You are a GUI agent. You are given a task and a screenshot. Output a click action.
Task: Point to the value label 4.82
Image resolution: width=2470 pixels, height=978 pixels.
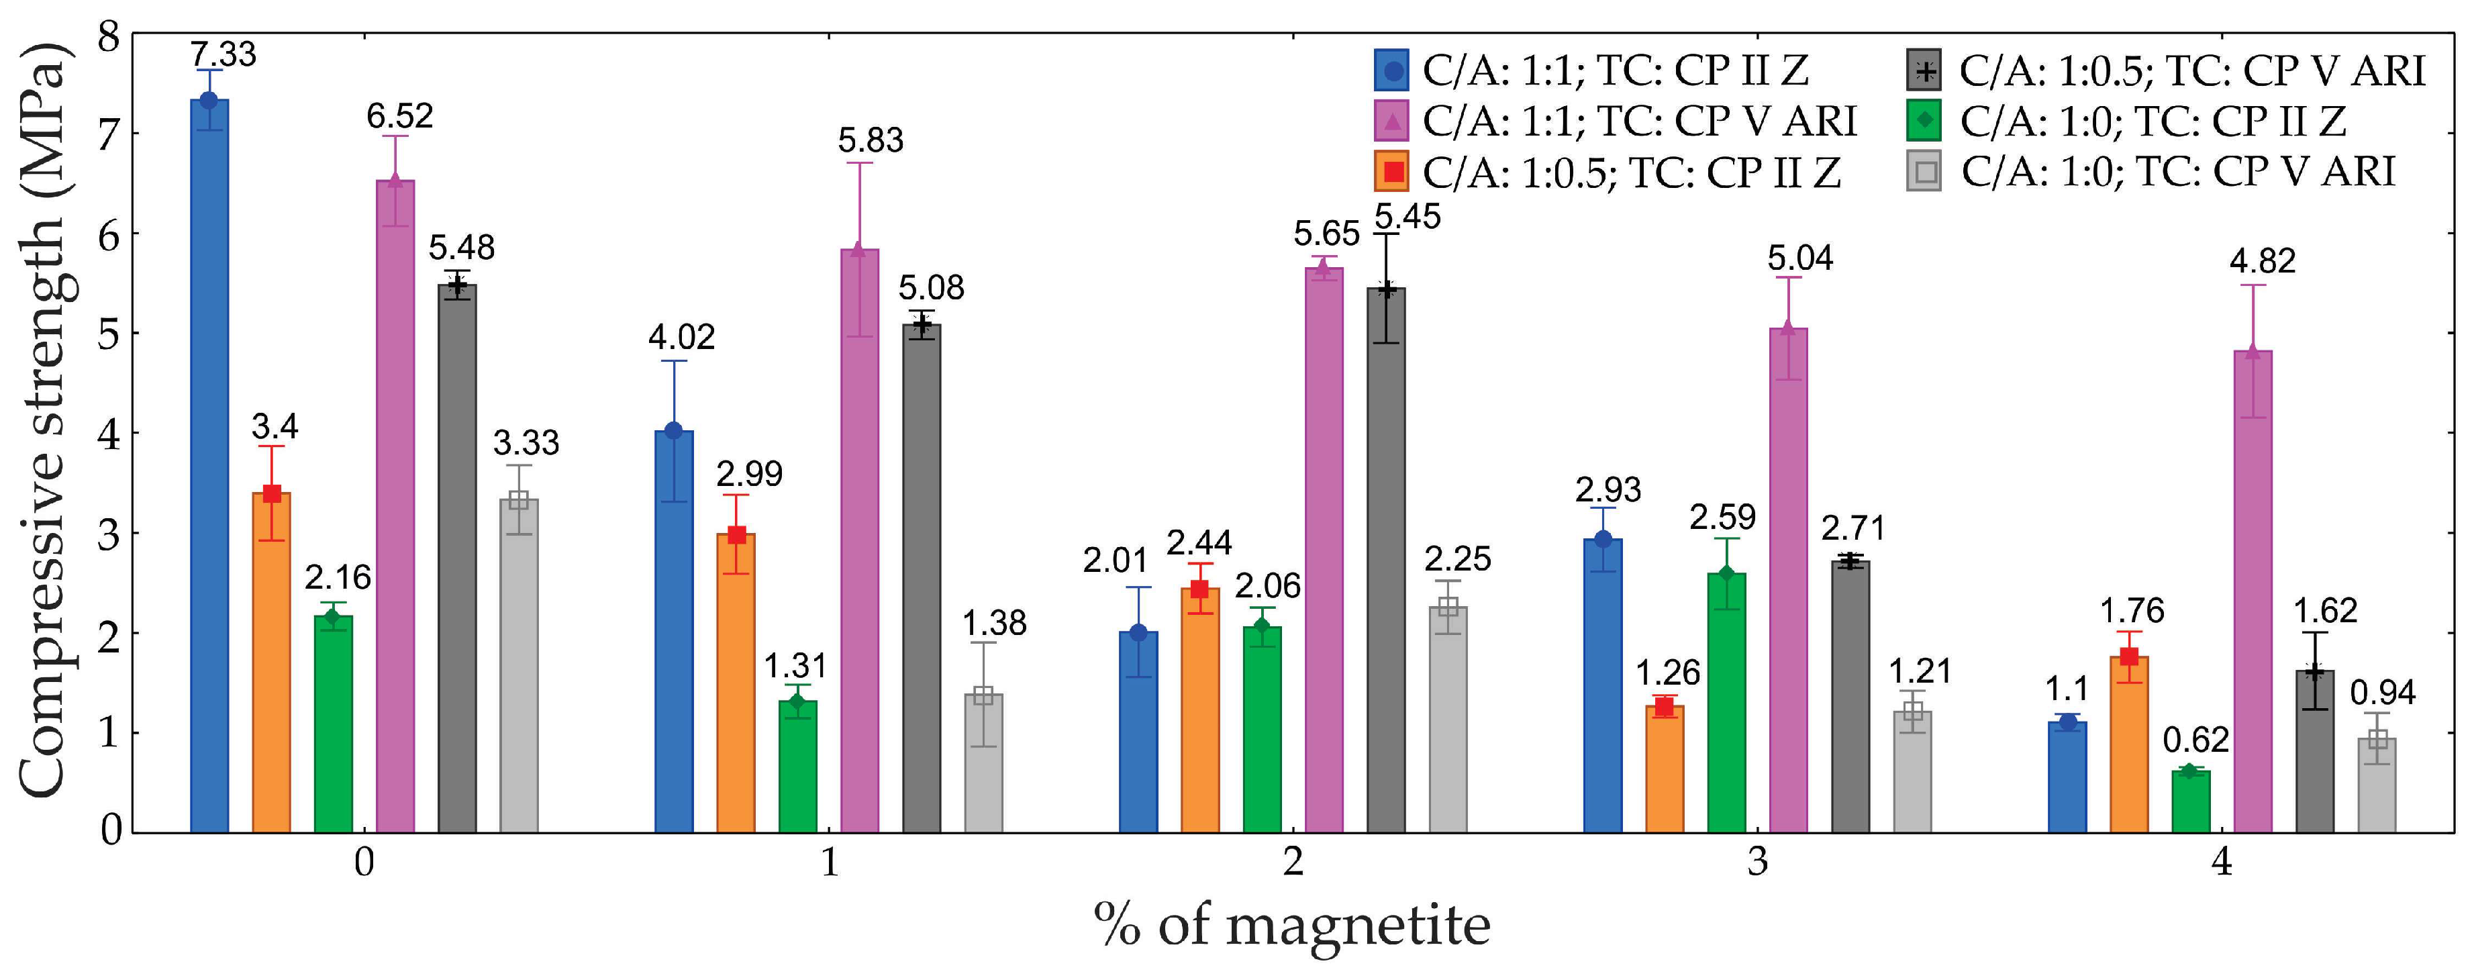[2262, 261]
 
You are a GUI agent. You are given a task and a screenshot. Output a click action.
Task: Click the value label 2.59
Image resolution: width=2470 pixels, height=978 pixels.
[1722, 518]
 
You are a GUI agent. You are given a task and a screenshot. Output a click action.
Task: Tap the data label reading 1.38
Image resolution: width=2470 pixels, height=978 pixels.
[994, 623]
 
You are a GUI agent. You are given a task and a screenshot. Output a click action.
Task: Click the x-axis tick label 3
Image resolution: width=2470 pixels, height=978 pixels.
[1757, 862]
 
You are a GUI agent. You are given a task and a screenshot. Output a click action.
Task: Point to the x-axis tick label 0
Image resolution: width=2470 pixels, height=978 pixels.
[363, 862]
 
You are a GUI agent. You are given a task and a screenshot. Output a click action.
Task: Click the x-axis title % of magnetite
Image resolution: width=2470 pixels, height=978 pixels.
[1291, 925]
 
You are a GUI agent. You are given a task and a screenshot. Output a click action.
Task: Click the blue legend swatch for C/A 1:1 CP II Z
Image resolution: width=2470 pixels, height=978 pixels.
[1391, 71]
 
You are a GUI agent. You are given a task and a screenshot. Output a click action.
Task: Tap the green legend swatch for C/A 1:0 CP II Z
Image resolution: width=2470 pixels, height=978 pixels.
[1924, 121]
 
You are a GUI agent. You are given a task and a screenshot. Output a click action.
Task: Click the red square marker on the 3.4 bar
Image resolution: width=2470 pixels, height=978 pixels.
[271, 494]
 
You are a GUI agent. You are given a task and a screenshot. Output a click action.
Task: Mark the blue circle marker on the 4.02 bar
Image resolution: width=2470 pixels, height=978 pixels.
[673, 430]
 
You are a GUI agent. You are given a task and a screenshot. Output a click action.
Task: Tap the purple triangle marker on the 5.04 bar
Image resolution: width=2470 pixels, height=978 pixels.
[1787, 329]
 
